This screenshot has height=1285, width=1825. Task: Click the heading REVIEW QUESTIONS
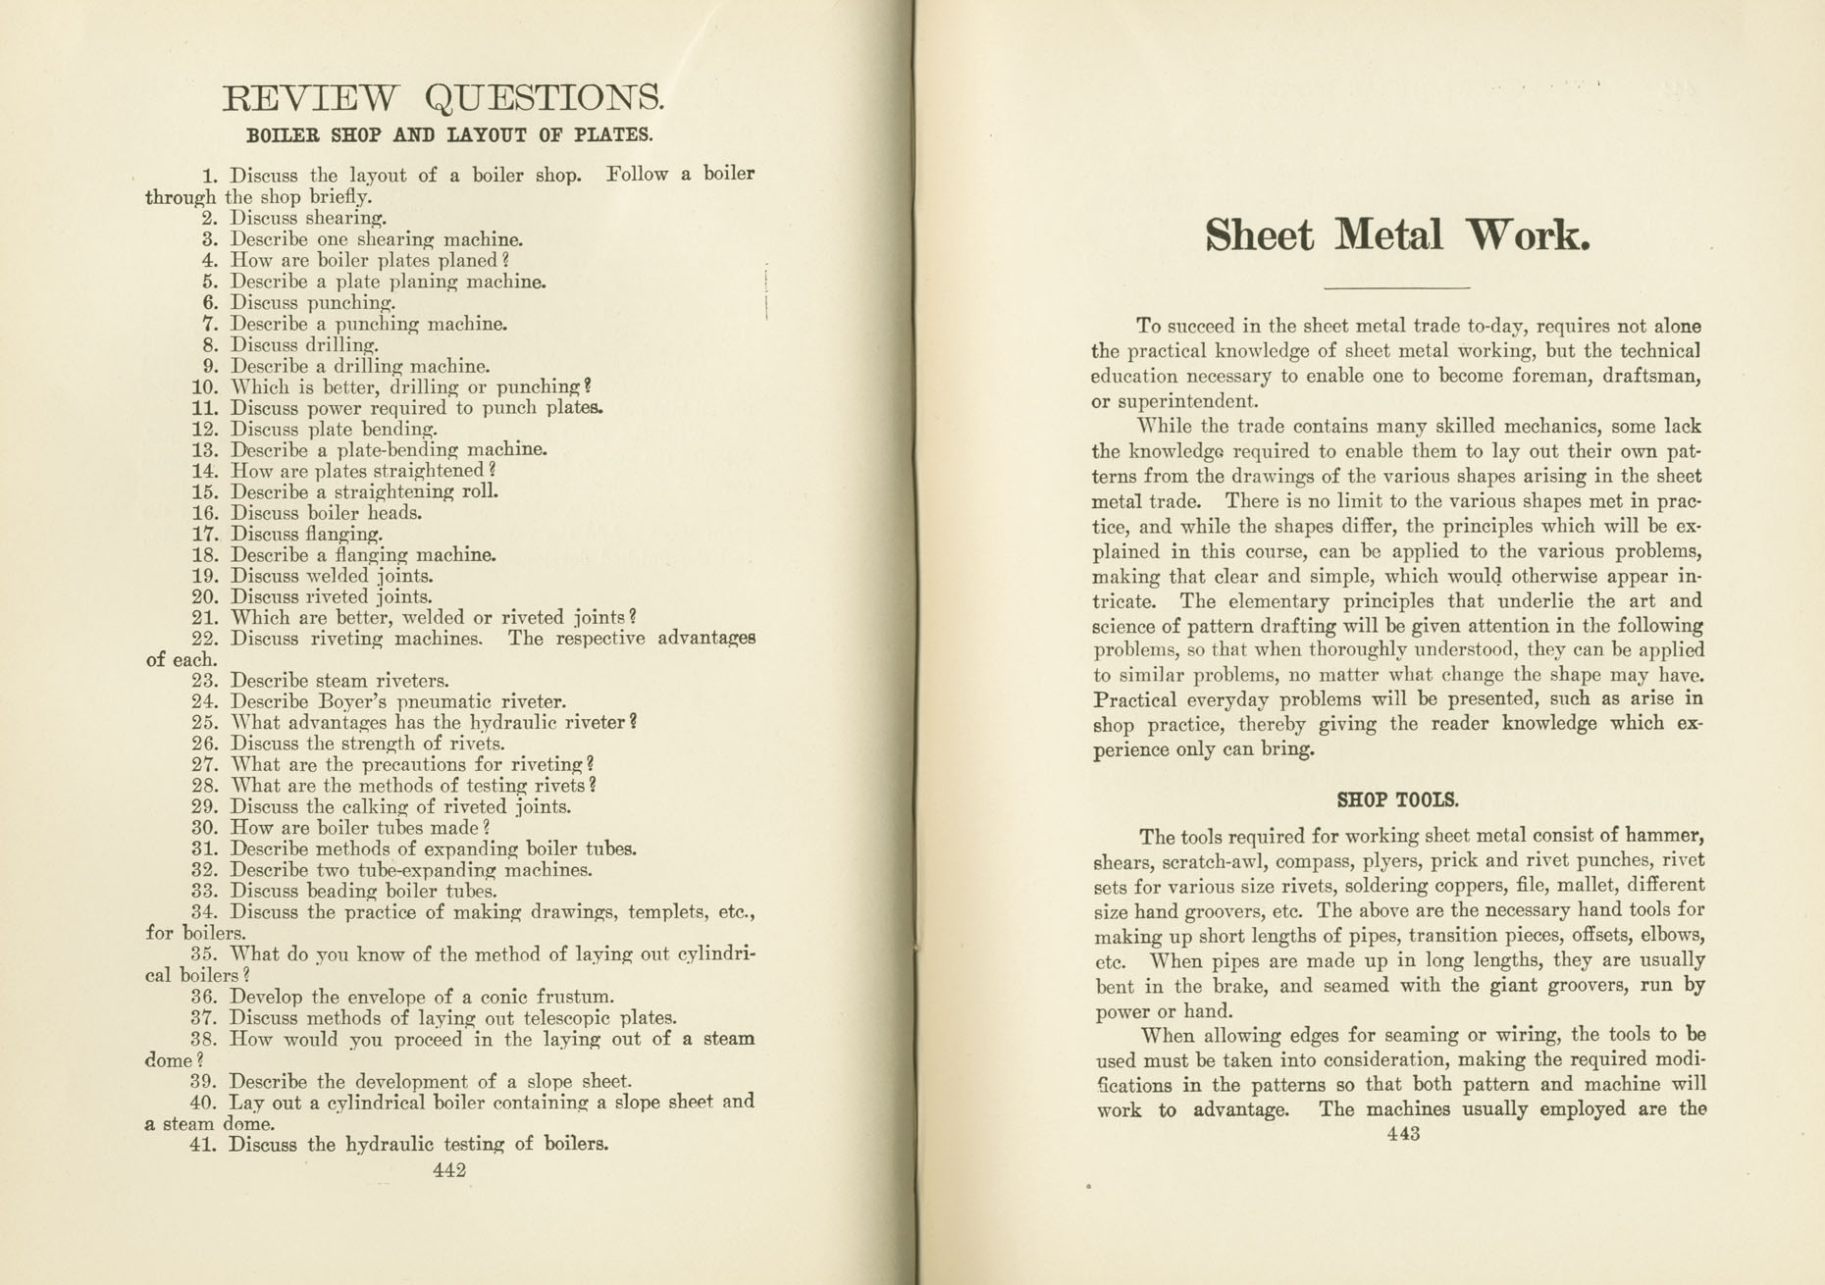(443, 99)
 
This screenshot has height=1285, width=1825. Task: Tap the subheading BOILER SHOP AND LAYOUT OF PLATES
(449, 135)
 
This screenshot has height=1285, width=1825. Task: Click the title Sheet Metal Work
(1396, 236)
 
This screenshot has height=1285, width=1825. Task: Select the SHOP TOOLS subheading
(1397, 799)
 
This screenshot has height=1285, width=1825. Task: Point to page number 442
(448, 1169)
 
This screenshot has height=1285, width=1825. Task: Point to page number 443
(1403, 1134)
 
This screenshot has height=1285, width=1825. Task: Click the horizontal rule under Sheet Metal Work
(1396, 287)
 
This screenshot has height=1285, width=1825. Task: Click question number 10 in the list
(205, 387)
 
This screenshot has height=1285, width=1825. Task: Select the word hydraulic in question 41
(392, 1145)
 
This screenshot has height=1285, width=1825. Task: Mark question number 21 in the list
(205, 619)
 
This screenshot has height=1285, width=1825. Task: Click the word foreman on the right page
(1545, 377)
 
